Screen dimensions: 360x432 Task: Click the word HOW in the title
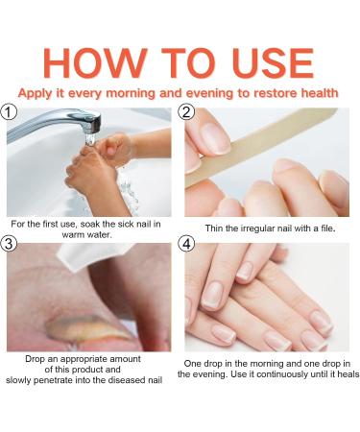click(95, 63)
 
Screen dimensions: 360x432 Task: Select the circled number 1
click(8, 112)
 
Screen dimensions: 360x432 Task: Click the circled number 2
click(186, 112)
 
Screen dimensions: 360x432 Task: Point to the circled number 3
click(8, 244)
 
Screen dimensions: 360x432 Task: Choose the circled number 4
click(186, 244)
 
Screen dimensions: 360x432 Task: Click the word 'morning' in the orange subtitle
click(131, 93)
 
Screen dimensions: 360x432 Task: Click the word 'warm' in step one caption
click(70, 234)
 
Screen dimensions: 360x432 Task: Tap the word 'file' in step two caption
click(327, 228)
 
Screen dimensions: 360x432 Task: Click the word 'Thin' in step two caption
click(212, 228)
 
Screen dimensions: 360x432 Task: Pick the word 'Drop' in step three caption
click(35, 359)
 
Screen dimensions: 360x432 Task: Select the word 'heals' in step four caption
click(348, 373)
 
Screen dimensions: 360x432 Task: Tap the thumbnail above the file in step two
click(215, 137)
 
